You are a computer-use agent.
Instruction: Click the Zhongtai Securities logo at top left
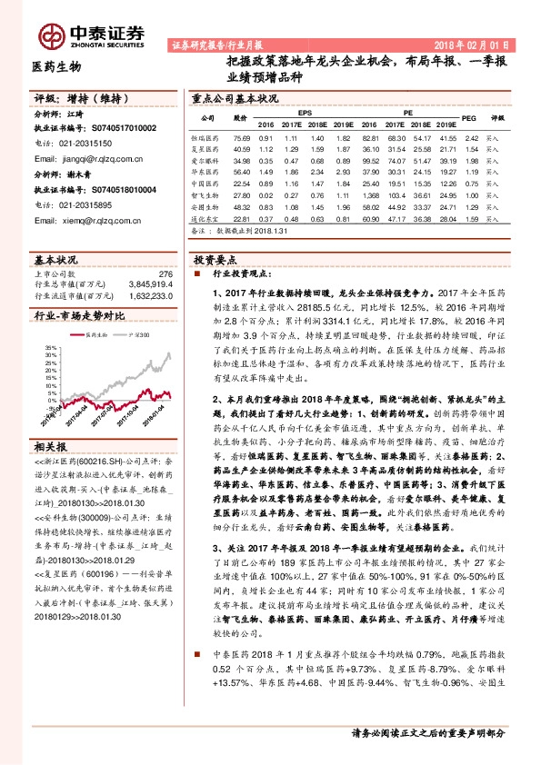coord(91,34)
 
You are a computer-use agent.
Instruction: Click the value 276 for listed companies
coord(165,273)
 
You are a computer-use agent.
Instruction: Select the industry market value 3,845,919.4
coord(144,283)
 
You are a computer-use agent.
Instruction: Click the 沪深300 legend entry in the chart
coord(138,335)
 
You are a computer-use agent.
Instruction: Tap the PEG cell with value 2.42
coord(469,137)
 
